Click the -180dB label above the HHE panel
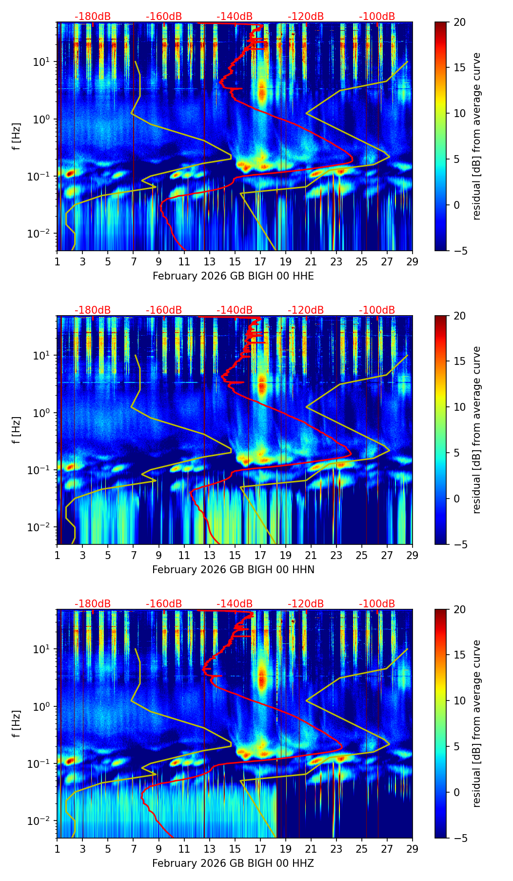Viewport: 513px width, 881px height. pos(93,17)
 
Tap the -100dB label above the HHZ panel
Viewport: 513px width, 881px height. pos(377,604)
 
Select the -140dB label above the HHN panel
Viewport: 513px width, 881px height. pos(235,310)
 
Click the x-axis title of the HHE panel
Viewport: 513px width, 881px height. pos(233,276)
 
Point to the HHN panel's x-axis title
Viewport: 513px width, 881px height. pos(233,570)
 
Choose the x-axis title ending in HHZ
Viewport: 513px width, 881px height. pos(233,863)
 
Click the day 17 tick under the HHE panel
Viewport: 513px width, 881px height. pos(260,261)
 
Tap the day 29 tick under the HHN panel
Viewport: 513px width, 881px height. pos(412,555)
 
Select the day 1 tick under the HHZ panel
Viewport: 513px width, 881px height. pos(57,849)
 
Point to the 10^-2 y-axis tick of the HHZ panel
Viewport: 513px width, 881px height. pos(43,821)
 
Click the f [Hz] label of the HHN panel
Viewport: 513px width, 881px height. pos(17,430)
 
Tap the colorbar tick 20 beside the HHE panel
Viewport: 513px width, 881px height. pos(459,22)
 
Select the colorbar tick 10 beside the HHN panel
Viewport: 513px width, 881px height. pos(459,407)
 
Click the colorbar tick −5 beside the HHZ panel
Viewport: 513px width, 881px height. pos(459,838)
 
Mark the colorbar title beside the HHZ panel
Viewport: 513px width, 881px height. pos(476,723)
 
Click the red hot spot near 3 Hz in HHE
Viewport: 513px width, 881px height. pos(262,93)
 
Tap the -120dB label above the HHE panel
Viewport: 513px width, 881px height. pos(306,17)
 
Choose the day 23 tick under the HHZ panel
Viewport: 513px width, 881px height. pos(336,849)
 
